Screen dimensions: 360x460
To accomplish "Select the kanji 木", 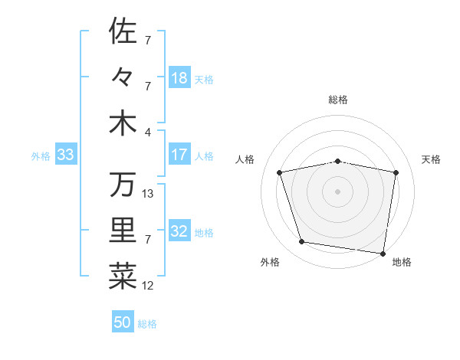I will coord(123,124).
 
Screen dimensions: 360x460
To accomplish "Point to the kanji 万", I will coord(123,184).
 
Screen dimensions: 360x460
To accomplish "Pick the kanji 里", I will coord(123,231).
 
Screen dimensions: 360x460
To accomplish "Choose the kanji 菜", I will coord(123,277).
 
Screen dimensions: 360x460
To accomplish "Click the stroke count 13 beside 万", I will coord(149,193).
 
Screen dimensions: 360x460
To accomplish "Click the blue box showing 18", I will coord(179,77).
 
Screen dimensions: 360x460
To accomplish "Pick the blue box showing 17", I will coord(179,155).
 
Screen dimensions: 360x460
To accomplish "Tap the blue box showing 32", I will coord(179,231).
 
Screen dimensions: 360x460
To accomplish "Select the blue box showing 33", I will coord(65,155).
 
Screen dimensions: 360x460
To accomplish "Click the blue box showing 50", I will coord(123,322).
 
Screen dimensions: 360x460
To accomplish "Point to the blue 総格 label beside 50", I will coord(147,324).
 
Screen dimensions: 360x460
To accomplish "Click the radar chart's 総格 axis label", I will coord(338,100).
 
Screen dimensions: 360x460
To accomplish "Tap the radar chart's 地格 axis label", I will coord(402,262).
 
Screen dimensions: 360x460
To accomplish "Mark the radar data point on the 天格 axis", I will coord(396,172).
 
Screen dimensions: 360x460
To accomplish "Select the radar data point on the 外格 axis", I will coord(302,242).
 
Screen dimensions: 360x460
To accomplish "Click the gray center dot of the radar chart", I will coord(337,191).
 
